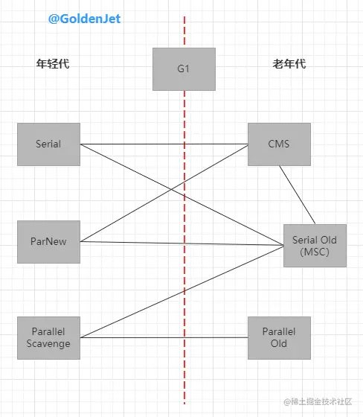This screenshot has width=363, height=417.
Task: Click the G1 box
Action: coord(184,69)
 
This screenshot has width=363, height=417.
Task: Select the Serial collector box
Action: coord(48,144)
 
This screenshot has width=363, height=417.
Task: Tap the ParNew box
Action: coord(48,241)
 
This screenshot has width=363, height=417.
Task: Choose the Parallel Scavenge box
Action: coord(48,337)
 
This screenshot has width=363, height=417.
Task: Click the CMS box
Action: coord(279,144)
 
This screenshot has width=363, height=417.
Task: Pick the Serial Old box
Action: coord(315,246)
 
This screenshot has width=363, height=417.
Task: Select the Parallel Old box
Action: coord(279,337)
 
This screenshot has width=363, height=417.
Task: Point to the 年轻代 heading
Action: coord(57,64)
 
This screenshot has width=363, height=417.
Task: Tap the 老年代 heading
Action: coord(289,64)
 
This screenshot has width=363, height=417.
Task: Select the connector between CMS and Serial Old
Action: coord(298,194)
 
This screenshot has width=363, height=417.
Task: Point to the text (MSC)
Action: coord(315,252)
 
